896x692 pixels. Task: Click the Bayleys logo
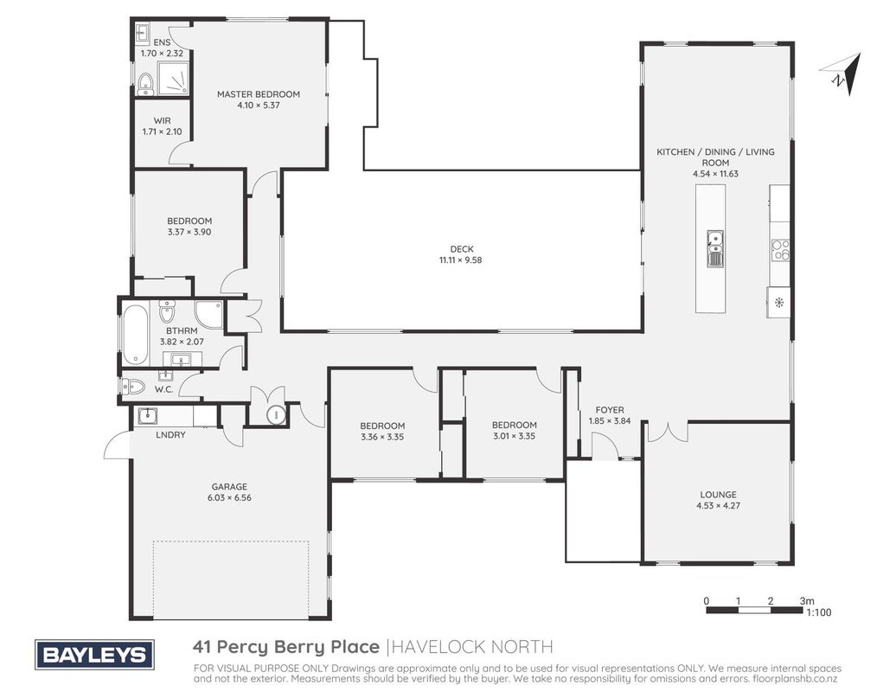(x=94, y=654)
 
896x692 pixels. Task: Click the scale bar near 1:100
(x=754, y=610)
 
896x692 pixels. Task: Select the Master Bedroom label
(x=259, y=94)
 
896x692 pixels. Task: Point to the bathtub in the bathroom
(x=136, y=334)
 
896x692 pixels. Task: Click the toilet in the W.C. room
(x=133, y=387)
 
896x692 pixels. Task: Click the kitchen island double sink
(x=715, y=248)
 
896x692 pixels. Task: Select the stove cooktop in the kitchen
(x=781, y=250)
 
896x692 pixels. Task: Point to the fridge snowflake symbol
(x=778, y=302)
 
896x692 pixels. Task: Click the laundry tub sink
(x=147, y=415)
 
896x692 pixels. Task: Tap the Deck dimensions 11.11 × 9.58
(x=461, y=260)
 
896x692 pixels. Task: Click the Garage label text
(x=229, y=487)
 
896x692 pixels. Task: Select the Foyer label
(x=610, y=410)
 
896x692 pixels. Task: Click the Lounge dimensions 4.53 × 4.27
(x=719, y=505)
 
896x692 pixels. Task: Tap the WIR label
(x=163, y=120)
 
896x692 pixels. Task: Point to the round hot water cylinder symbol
(x=275, y=413)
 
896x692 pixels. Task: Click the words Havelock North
(x=473, y=647)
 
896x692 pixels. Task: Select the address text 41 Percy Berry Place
(x=286, y=647)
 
